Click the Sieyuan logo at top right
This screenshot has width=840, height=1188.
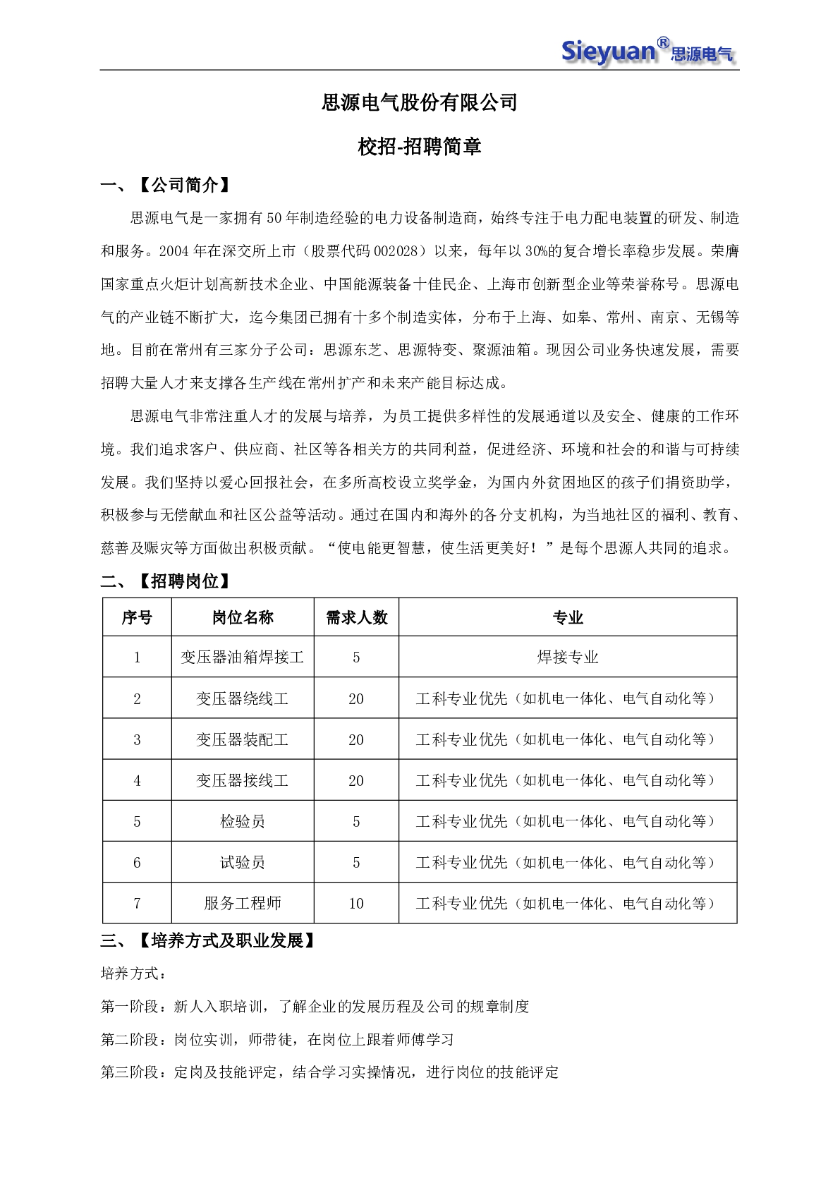coord(647,51)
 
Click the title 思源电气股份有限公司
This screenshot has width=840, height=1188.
coord(419,103)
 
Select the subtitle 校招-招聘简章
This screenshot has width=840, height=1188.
coord(419,147)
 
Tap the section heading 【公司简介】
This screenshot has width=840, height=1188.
coord(184,186)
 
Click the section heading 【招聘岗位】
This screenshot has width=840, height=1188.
coord(184,581)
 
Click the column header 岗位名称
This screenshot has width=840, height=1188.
coord(243,618)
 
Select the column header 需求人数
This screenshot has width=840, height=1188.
coord(356,618)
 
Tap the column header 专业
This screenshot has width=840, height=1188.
coord(568,618)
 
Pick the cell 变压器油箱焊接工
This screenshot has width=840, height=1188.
coord(243,657)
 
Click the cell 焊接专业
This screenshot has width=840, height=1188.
coord(568,657)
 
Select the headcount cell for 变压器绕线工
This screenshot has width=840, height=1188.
coord(356,699)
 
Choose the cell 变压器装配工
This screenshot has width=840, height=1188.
coord(243,740)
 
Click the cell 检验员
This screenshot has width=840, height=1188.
coord(243,822)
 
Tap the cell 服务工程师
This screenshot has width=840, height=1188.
coord(243,904)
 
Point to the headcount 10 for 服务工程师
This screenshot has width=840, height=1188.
coord(356,904)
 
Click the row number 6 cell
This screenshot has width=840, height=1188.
coord(137,863)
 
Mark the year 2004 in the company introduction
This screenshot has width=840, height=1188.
coord(174,251)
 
